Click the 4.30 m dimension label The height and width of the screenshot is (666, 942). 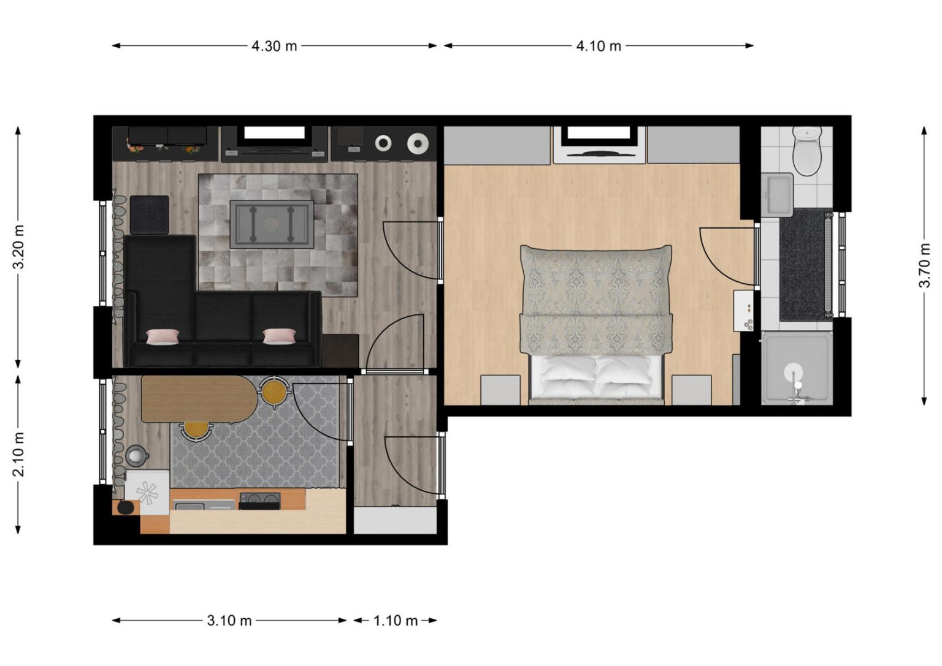point(274,46)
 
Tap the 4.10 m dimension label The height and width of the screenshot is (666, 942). point(599,46)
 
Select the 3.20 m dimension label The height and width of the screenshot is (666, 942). point(18,247)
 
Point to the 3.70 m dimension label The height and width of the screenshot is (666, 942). point(924,265)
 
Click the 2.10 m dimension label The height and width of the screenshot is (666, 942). point(18,454)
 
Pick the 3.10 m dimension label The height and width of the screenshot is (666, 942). point(229,620)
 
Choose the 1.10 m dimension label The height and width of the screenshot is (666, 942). point(396,620)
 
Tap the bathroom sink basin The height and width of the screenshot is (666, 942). point(777,194)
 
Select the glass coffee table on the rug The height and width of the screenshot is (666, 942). point(272,224)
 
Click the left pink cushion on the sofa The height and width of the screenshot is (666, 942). point(163,336)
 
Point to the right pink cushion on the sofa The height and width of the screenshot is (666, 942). point(279,336)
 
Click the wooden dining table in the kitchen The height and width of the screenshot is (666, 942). point(199,399)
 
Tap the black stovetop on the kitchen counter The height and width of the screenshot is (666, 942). point(259,501)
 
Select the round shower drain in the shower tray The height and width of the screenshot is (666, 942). point(794,373)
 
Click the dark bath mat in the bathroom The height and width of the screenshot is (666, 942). point(803,265)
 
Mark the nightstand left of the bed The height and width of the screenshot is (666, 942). point(500,390)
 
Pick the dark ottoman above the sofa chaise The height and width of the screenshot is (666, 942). point(149,214)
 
